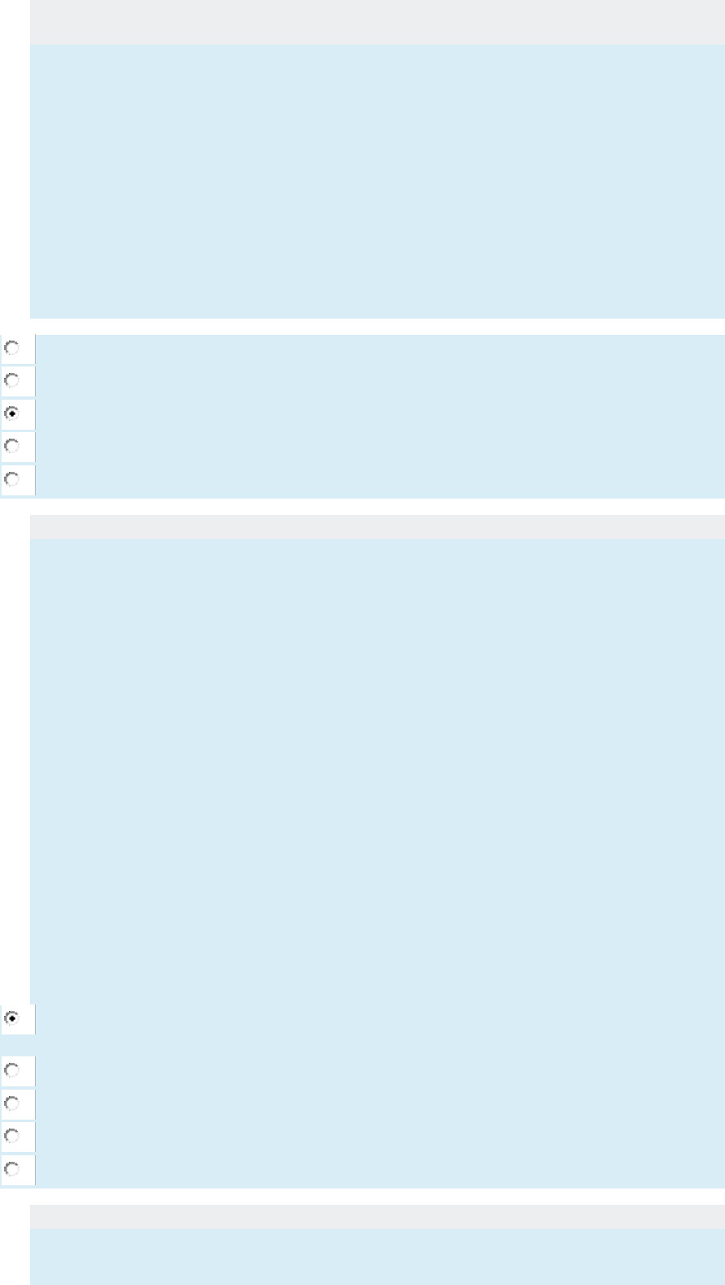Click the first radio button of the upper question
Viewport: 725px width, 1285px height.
point(12,349)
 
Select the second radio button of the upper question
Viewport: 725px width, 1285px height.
point(12,380)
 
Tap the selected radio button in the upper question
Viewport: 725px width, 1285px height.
point(12,413)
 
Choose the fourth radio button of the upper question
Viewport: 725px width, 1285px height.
point(12,446)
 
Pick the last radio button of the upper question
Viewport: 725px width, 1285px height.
point(12,479)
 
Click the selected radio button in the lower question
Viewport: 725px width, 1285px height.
point(12,1018)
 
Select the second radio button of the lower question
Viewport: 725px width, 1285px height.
point(12,1071)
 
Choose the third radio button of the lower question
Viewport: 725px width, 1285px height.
point(12,1103)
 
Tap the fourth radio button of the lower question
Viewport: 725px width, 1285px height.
point(12,1136)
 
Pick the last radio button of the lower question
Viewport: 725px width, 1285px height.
point(12,1169)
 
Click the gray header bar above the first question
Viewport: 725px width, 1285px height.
point(377,22)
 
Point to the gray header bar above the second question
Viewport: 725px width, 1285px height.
point(377,526)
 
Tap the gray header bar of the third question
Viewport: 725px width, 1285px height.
point(377,1216)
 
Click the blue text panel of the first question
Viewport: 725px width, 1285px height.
point(377,181)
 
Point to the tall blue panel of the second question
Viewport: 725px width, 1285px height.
point(377,770)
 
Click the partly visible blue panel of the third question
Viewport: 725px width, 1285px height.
point(377,1257)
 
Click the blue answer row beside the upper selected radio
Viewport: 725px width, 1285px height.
point(380,414)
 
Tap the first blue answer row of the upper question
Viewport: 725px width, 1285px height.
point(380,349)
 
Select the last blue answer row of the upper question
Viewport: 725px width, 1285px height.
point(380,480)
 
